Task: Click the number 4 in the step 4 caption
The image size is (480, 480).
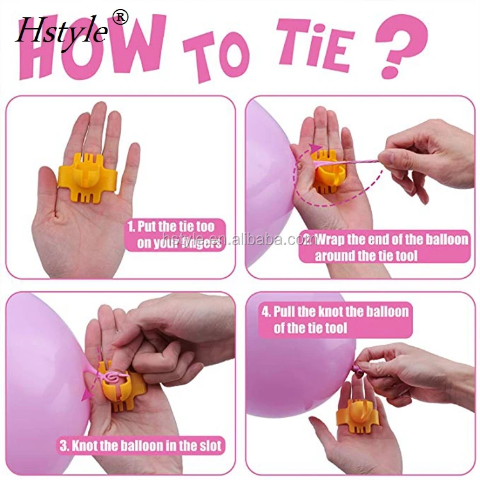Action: coord(264,312)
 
